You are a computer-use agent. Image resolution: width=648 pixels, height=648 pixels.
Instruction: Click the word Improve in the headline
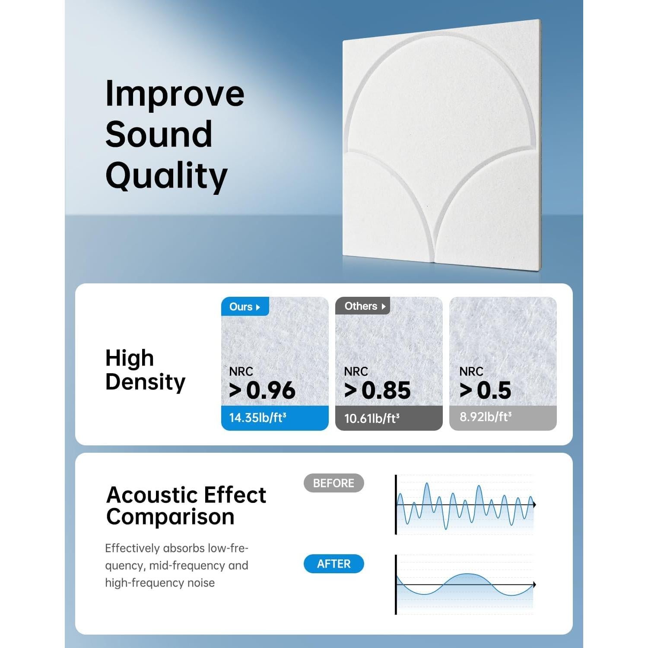175,94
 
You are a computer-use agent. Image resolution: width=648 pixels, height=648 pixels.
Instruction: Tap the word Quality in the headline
166,176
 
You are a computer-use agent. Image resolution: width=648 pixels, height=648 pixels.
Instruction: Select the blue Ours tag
245,307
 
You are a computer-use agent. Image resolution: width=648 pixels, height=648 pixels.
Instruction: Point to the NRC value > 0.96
262,390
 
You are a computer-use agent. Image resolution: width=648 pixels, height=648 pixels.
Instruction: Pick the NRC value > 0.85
377,390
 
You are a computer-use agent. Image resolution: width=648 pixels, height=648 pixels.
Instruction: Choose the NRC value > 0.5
485,390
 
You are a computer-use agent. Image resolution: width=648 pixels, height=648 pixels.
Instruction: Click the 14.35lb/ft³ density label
257,418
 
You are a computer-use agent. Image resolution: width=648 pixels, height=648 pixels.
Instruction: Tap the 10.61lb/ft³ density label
372,418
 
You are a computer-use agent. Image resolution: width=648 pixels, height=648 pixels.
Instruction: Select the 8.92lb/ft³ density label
486,417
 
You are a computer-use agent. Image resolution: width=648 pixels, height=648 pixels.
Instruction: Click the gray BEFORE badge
334,483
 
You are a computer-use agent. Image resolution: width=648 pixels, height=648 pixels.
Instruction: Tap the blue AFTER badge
334,564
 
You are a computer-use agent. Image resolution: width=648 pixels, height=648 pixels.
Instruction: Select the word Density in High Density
145,382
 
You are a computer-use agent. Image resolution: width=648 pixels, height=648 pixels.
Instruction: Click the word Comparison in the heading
170,517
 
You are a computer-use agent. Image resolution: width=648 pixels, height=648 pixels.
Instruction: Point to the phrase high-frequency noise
160,583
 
